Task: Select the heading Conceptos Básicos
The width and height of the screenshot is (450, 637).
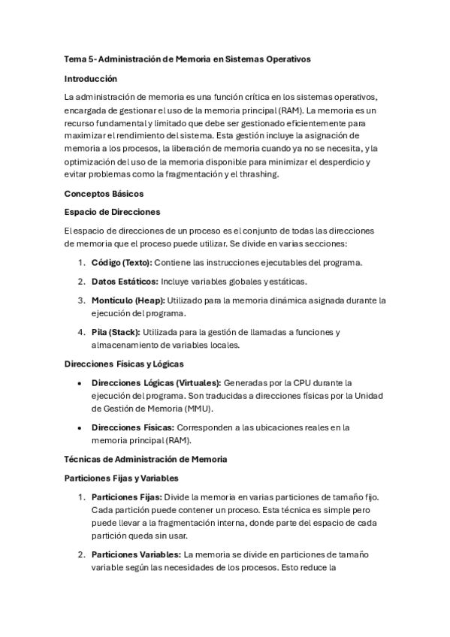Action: (x=99, y=193)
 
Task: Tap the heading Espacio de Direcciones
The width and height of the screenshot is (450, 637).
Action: (x=112, y=212)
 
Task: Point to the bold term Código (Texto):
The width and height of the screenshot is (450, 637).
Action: (x=122, y=262)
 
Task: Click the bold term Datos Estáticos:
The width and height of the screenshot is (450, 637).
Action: (x=125, y=281)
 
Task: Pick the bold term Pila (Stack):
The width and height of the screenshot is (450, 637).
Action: (x=115, y=331)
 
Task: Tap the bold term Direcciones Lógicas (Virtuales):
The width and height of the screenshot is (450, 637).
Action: (x=156, y=382)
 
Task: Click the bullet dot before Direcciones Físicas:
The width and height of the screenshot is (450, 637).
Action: (x=80, y=427)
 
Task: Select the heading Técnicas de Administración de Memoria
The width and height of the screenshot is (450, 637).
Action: (x=146, y=459)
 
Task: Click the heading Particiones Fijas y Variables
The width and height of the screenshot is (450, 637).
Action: (x=122, y=478)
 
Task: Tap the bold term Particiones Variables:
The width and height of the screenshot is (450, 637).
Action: (x=136, y=554)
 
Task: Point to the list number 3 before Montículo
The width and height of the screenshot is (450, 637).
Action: (x=82, y=300)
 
